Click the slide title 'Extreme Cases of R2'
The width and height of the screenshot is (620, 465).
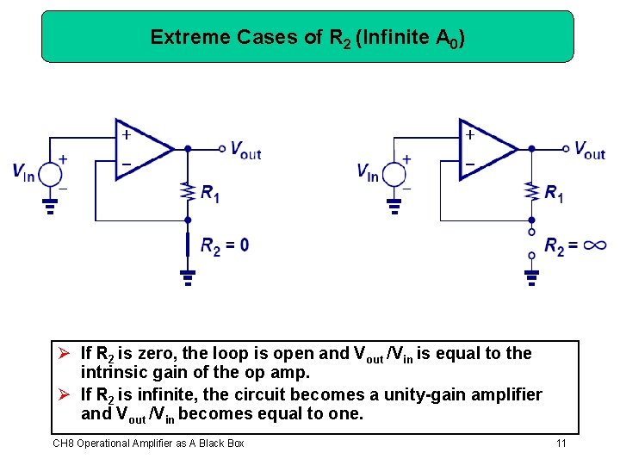pyautogui.click(x=307, y=37)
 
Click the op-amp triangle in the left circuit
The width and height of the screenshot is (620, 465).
pyautogui.click(x=143, y=149)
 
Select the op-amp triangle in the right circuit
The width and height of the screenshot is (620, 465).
pyautogui.click(x=486, y=149)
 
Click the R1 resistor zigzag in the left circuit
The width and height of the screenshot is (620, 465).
pyautogui.click(x=188, y=192)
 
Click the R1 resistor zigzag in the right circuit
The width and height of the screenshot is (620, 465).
pyautogui.click(x=531, y=192)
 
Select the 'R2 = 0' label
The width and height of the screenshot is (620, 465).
pyautogui.click(x=225, y=246)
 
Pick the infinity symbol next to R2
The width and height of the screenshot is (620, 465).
pyautogui.click(x=593, y=246)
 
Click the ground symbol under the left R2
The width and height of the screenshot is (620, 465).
pyautogui.click(x=188, y=276)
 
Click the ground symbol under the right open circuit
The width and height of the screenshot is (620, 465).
pyautogui.click(x=531, y=276)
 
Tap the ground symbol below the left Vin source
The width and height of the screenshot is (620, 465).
pyautogui.click(x=51, y=206)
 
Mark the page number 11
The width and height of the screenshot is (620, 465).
pyautogui.click(x=561, y=443)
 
